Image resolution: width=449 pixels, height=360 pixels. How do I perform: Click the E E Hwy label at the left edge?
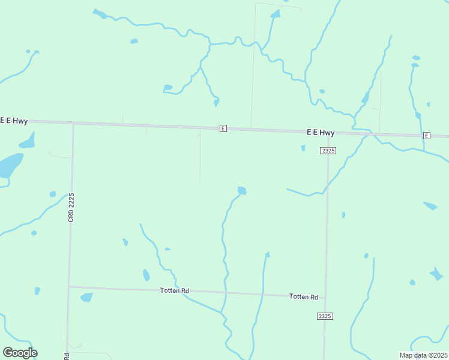tap(13, 121)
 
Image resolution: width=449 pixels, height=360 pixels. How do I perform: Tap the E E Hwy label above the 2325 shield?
tap(320, 132)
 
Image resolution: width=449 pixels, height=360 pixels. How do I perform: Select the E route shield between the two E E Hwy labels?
tap(223, 128)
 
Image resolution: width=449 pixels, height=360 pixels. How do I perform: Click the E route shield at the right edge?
tap(426, 136)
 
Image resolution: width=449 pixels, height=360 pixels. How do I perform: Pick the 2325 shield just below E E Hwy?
tap(328, 150)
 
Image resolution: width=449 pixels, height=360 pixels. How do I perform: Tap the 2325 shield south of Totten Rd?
tap(325, 316)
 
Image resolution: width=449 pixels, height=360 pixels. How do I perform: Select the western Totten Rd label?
tap(175, 291)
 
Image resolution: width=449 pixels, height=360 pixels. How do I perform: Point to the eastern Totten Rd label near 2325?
tap(304, 296)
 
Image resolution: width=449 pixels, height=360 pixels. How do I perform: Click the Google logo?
tap(20, 353)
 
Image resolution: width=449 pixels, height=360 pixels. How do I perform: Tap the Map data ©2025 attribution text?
tap(423, 355)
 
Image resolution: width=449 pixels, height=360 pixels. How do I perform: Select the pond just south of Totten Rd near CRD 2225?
tap(86, 297)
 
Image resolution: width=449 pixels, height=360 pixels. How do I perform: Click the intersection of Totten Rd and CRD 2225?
tap(69, 287)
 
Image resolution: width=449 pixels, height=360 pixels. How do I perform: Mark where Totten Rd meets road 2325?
tap(325, 298)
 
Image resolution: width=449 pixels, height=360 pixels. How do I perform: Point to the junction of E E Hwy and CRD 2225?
tap(73, 123)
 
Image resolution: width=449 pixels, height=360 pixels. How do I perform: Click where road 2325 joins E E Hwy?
tap(329, 133)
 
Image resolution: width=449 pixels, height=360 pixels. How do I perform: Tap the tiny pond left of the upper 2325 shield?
tap(303, 148)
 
